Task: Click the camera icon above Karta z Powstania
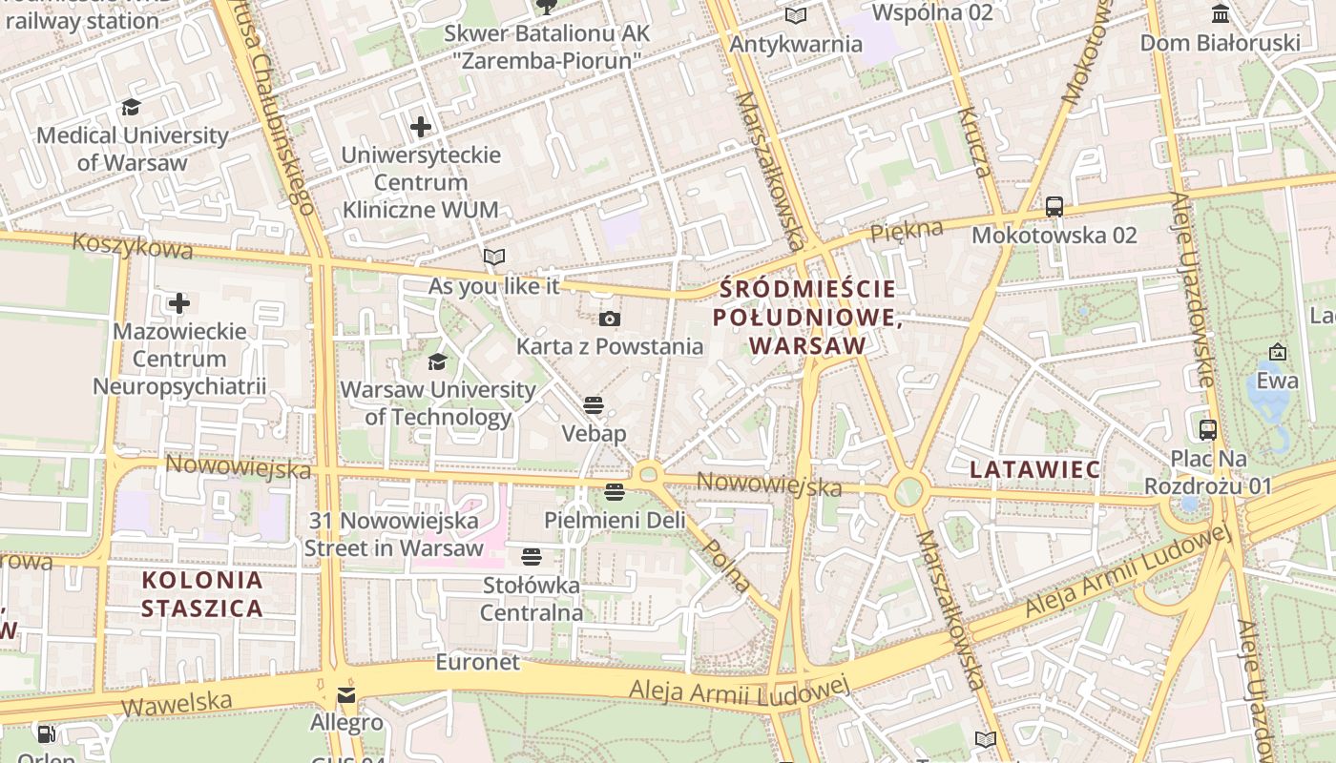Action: tap(609, 319)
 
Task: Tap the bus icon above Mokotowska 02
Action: tap(1054, 206)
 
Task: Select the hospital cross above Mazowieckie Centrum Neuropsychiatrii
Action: tap(179, 304)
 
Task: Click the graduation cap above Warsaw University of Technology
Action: tap(437, 361)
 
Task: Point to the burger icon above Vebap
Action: tap(594, 405)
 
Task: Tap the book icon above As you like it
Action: tap(493, 257)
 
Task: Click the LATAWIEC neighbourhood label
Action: tap(1035, 469)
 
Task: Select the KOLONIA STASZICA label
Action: tap(201, 593)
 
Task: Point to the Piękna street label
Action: tap(906, 231)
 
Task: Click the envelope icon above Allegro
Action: tap(346, 695)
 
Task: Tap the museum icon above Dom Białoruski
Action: tap(1220, 14)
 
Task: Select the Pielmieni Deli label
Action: tap(615, 520)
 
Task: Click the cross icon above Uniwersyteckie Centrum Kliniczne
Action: tap(421, 126)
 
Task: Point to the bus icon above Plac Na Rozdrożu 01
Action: tap(1208, 429)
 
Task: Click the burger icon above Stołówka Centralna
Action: tap(532, 556)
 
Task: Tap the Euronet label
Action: tap(477, 661)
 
